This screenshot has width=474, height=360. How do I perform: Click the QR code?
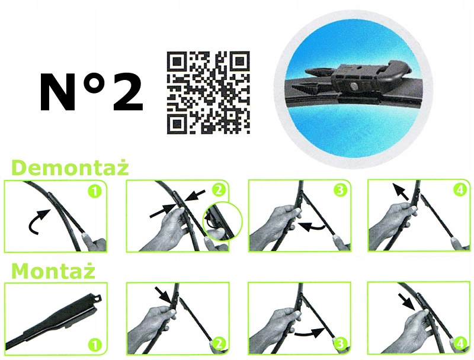coord(209,93)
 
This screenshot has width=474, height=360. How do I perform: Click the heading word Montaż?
coord(53,271)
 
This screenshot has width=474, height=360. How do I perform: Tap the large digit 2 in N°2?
coord(128,92)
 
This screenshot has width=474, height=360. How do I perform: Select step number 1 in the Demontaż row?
coord(95,191)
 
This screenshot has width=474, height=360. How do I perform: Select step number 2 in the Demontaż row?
coord(219,190)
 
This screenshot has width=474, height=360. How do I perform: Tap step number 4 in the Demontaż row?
coord(460,190)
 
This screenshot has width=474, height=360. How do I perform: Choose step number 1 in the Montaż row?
coord(95,345)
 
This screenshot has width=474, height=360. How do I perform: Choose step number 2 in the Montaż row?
coord(219,343)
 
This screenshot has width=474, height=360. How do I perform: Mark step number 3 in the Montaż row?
coord(341,343)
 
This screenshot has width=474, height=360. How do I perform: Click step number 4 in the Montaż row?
coord(460,343)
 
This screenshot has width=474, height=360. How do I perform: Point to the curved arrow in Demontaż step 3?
coord(312,227)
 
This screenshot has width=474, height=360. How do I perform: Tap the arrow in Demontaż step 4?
coord(401,191)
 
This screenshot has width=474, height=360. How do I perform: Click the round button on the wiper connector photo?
coord(354,86)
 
